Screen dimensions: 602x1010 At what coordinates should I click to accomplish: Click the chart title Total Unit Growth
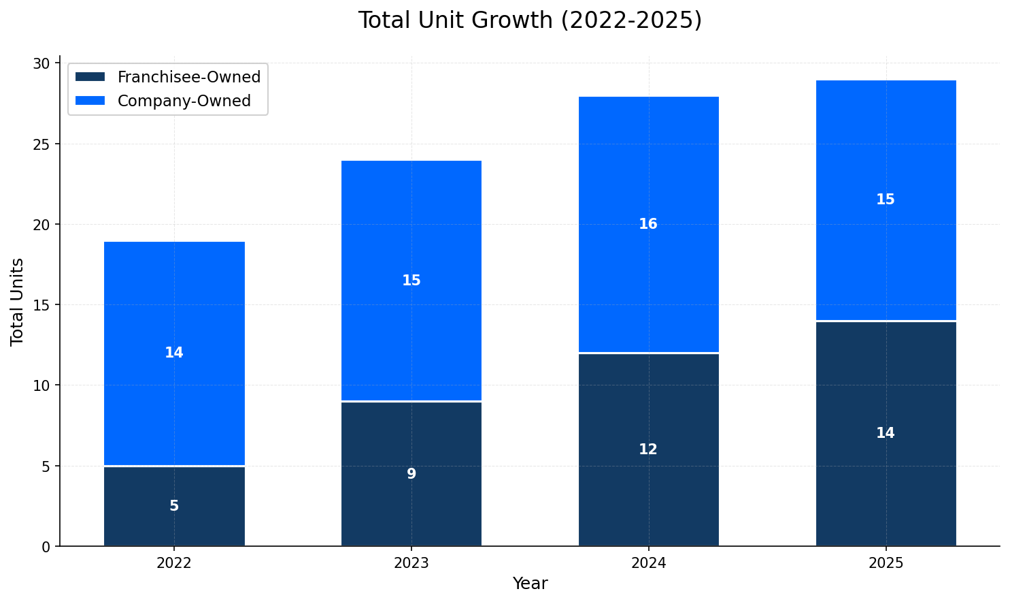529,20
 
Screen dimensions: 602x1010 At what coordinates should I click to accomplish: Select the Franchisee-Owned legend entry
188,77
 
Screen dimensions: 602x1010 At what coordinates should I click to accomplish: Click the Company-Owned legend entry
184,101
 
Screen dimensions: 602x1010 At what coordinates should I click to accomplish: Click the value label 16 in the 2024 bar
647,224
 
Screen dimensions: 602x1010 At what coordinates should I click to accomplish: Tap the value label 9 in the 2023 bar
411,474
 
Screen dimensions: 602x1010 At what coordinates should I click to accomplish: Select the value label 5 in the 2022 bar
174,506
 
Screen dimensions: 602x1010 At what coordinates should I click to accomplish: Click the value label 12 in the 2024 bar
647,449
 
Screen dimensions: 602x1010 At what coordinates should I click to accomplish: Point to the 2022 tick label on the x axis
174,563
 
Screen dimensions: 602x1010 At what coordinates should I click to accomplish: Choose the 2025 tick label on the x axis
885,563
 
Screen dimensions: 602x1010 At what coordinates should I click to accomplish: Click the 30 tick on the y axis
42,63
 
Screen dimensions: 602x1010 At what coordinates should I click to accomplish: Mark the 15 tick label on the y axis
42,305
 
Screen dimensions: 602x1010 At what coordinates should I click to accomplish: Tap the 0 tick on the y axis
46,546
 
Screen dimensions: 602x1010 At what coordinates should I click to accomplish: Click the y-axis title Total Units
18,301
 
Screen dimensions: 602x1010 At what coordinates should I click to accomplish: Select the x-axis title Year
529,584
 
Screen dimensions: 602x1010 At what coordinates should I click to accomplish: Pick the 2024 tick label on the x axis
648,563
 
